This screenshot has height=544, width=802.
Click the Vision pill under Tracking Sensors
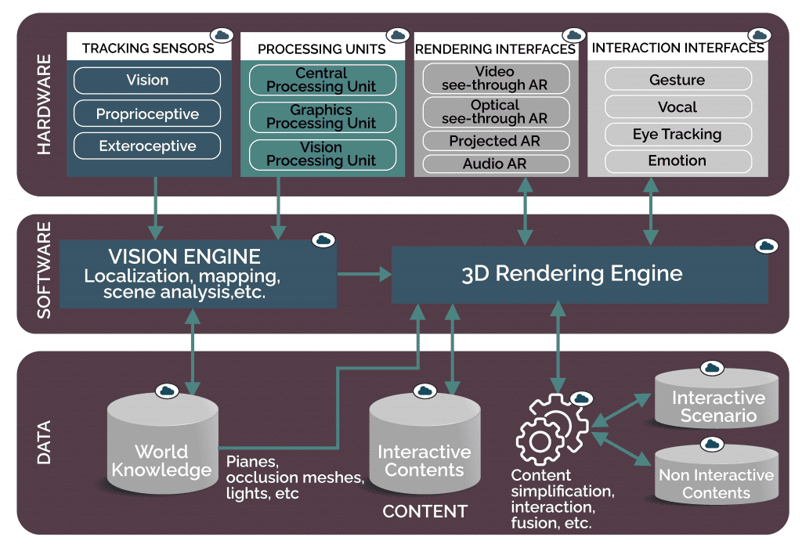click(147, 80)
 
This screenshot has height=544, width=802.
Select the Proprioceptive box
click(147, 114)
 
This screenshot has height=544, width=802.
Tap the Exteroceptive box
click(147, 146)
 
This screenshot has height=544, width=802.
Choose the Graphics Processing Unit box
click(321, 117)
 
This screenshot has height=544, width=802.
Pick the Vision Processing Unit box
click(321, 153)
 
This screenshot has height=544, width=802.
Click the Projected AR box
click(495, 141)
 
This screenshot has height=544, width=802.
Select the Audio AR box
click(495, 164)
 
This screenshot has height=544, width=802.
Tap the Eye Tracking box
click(677, 134)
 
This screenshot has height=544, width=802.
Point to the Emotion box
click(677, 160)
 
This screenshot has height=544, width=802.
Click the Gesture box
click(677, 80)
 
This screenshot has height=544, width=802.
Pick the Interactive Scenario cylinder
click(717, 399)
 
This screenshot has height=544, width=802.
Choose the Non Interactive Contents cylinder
click(716, 474)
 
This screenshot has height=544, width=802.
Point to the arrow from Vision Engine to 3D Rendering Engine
click(364, 274)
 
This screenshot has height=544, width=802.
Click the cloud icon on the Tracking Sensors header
click(222, 35)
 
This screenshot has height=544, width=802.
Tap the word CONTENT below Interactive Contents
click(424, 512)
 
